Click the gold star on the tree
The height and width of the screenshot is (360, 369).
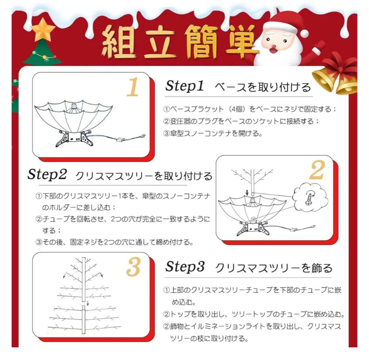(43, 30)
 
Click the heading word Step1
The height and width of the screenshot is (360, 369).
(184, 86)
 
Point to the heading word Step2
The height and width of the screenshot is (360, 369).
(47, 175)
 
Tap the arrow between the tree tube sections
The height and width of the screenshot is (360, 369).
(87, 303)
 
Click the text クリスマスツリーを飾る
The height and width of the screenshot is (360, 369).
(274, 268)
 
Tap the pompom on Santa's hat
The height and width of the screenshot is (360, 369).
(304, 33)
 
